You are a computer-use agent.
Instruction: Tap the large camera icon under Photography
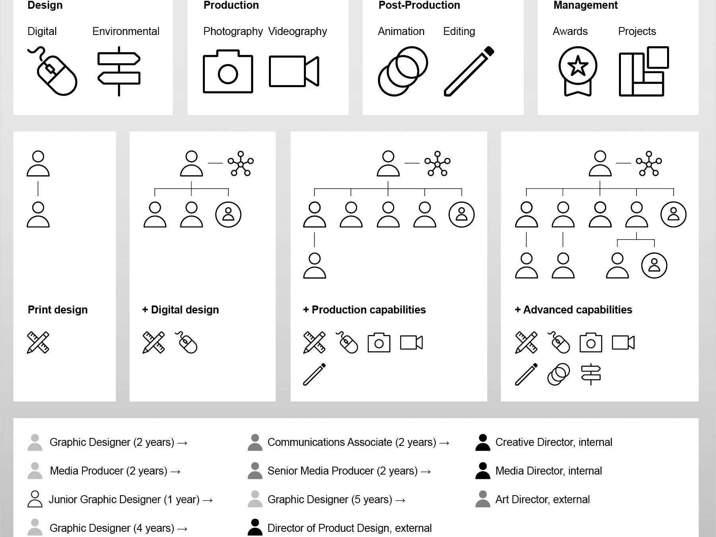tap(228, 72)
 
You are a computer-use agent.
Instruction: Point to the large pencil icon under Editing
tap(469, 72)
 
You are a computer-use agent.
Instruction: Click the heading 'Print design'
tap(58, 310)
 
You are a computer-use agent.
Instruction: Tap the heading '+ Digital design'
tap(181, 310)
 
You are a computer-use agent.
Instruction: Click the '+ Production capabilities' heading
tap(364, 310)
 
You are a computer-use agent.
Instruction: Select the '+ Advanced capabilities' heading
tap(573, 310)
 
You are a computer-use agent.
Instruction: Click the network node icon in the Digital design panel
tap(241, 163)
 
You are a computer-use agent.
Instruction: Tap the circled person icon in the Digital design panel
tap(228, 215)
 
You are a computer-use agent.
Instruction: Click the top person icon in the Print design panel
tap(38, 163)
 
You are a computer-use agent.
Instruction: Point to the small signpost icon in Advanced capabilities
tap(591, 374)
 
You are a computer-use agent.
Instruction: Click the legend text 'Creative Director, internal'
tap(554, 442)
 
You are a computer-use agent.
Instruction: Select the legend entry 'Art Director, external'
tap(543, 500)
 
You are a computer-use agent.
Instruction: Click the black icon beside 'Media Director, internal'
tap(483, 471)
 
